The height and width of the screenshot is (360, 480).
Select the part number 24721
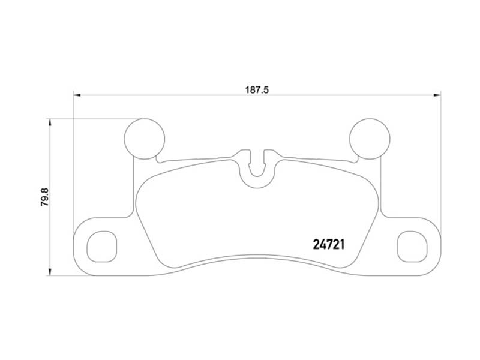pos(332,244)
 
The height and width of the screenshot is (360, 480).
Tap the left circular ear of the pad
pos(143,138)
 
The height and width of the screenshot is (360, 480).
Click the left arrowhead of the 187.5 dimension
pos(77,94)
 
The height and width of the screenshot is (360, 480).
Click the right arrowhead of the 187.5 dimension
pos(437,94)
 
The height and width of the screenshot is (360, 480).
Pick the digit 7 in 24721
pos(332,244)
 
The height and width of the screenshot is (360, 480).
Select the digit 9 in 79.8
pos(44,193)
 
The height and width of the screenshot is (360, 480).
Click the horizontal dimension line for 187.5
pos(180,94)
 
